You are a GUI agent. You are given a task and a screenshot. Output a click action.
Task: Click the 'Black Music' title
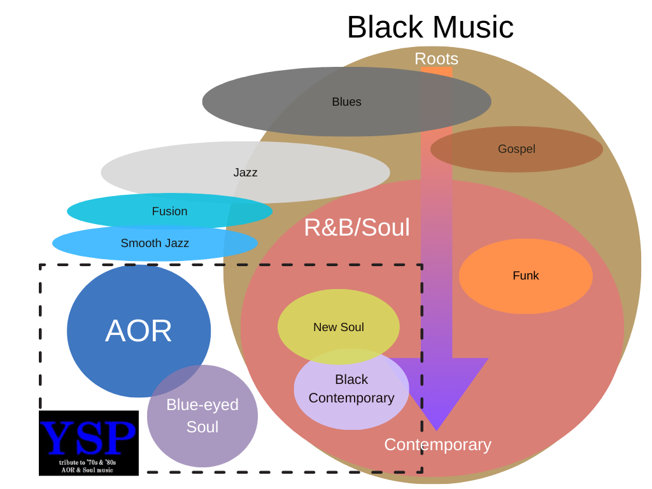[430, 27]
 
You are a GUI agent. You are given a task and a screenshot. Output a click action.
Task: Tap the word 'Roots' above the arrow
[436, 59]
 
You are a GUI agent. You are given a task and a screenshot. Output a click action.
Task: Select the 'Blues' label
[346, 102]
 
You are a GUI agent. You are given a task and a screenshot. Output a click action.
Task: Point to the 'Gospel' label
[516, 149]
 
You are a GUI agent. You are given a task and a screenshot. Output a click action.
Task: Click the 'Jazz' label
[245, 173]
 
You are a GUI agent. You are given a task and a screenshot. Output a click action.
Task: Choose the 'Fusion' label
[169, 211]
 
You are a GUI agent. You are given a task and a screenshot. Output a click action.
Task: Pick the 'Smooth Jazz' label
[155, 243]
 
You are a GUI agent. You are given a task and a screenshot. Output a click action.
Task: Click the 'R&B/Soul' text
[357, 227]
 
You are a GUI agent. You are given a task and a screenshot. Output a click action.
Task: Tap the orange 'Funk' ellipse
[525, 276]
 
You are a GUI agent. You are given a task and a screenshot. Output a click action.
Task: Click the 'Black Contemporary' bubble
[351, 389]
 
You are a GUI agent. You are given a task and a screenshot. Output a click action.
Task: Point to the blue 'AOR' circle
[138, 330]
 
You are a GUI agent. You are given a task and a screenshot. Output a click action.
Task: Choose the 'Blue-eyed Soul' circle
[202, 416]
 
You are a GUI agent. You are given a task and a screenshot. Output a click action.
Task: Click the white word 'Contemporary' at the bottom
[437, 444]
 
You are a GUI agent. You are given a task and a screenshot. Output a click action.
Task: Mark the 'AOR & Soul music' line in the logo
[87, 470]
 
